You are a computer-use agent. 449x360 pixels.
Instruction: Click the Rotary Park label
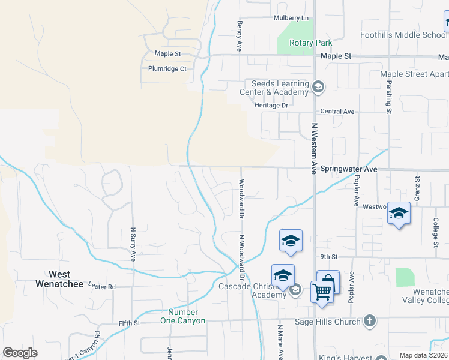(310, 43)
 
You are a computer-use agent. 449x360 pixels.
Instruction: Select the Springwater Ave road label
(348, 170)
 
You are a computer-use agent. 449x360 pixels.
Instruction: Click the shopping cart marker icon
(322, 292)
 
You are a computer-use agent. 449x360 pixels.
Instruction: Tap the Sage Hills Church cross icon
(370, 321)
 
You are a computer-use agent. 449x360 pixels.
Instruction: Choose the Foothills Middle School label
(403, 35)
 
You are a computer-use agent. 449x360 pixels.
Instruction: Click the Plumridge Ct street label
(167, 68)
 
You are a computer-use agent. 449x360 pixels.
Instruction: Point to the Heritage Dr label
(271, 105)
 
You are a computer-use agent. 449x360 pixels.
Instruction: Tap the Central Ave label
(337, 111)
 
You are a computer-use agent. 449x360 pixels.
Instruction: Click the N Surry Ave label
(133, 244)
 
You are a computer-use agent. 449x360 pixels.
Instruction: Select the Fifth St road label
(129, 323)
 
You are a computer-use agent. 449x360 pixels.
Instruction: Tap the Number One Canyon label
(187, 316)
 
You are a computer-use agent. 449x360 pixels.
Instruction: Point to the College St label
(436, 232)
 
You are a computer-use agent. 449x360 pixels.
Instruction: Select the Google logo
(20, 353)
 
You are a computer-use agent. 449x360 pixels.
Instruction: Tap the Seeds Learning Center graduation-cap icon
(318, 88)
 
